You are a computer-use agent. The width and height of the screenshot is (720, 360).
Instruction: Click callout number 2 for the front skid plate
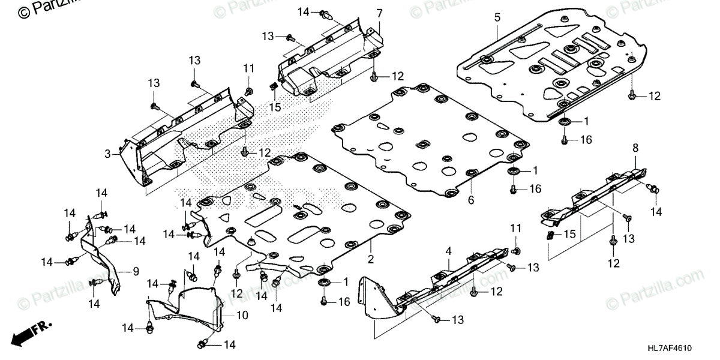371,259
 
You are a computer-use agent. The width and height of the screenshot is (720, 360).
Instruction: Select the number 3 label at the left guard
108,154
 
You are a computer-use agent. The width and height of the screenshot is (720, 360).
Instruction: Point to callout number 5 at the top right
497,17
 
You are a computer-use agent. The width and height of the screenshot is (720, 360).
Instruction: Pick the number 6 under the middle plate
471,200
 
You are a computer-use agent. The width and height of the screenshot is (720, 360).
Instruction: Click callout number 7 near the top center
379,13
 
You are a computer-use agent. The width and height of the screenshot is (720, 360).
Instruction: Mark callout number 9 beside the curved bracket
136,271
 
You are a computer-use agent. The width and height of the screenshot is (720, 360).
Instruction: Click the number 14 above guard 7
303,12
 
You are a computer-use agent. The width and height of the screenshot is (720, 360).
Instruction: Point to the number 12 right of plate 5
653,95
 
